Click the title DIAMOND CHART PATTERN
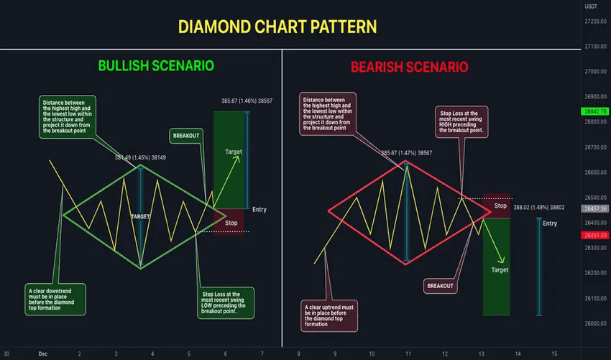(277, 27)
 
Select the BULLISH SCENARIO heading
(156, 66)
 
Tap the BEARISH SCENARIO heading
(409, 68)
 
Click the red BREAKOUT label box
(441, 285)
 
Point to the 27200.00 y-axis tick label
(595, 22)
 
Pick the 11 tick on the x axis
(408, 354)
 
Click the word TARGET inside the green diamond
(140, 216)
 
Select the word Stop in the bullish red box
(231, 223)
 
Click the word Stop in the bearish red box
(500, 206)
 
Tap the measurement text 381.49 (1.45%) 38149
(141, 158)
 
